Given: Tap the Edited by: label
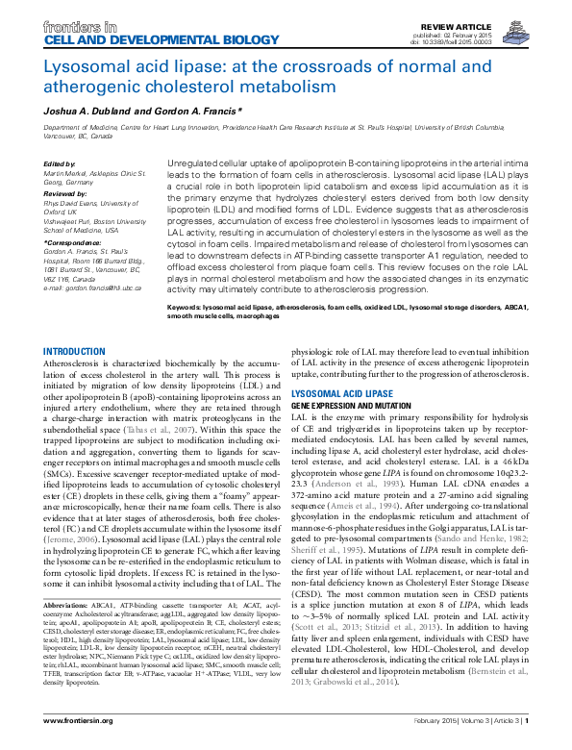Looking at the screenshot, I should tap(61, 164).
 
